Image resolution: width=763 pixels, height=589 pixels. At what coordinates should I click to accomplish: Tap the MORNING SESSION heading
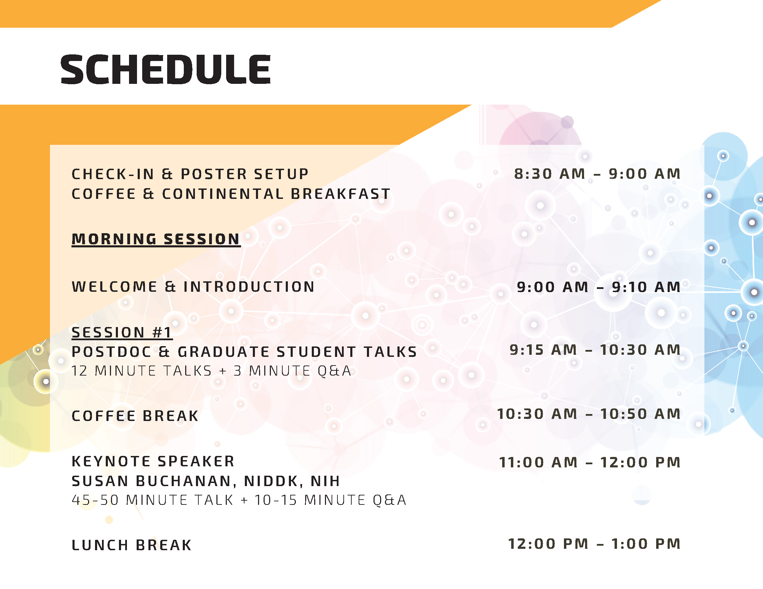pos(156,239)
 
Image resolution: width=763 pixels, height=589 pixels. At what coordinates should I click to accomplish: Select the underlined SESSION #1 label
pos(122,333)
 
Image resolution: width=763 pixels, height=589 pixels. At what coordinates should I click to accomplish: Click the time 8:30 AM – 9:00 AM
pos(597,174)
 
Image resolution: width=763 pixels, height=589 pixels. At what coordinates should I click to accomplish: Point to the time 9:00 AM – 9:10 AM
pos(599,287)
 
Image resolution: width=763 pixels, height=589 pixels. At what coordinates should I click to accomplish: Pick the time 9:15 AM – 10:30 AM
pos(595,350)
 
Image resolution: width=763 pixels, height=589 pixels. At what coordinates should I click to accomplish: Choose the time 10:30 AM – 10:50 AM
pos(589,414)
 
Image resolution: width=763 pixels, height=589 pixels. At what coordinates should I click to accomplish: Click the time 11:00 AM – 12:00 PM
pos(590,462)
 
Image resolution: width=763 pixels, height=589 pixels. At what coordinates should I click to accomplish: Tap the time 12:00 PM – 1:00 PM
pos(594,544)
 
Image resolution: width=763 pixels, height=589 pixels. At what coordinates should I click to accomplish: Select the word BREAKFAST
pos(340,194)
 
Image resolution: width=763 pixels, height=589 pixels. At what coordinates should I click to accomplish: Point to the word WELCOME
pos(114,287)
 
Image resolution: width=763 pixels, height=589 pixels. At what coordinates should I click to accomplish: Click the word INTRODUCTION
pos(249,287)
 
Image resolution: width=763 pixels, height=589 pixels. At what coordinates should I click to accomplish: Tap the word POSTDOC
pos(112,352)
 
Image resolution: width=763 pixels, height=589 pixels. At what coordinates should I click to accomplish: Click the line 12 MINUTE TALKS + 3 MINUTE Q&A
pos(211,371)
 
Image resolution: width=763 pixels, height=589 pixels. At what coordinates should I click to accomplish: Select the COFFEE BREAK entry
pos(135,416)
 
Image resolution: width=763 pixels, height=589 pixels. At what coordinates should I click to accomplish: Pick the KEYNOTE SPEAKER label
pos(153,461)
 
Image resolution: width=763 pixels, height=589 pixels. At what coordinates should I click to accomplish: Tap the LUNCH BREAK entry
pos(132,545)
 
